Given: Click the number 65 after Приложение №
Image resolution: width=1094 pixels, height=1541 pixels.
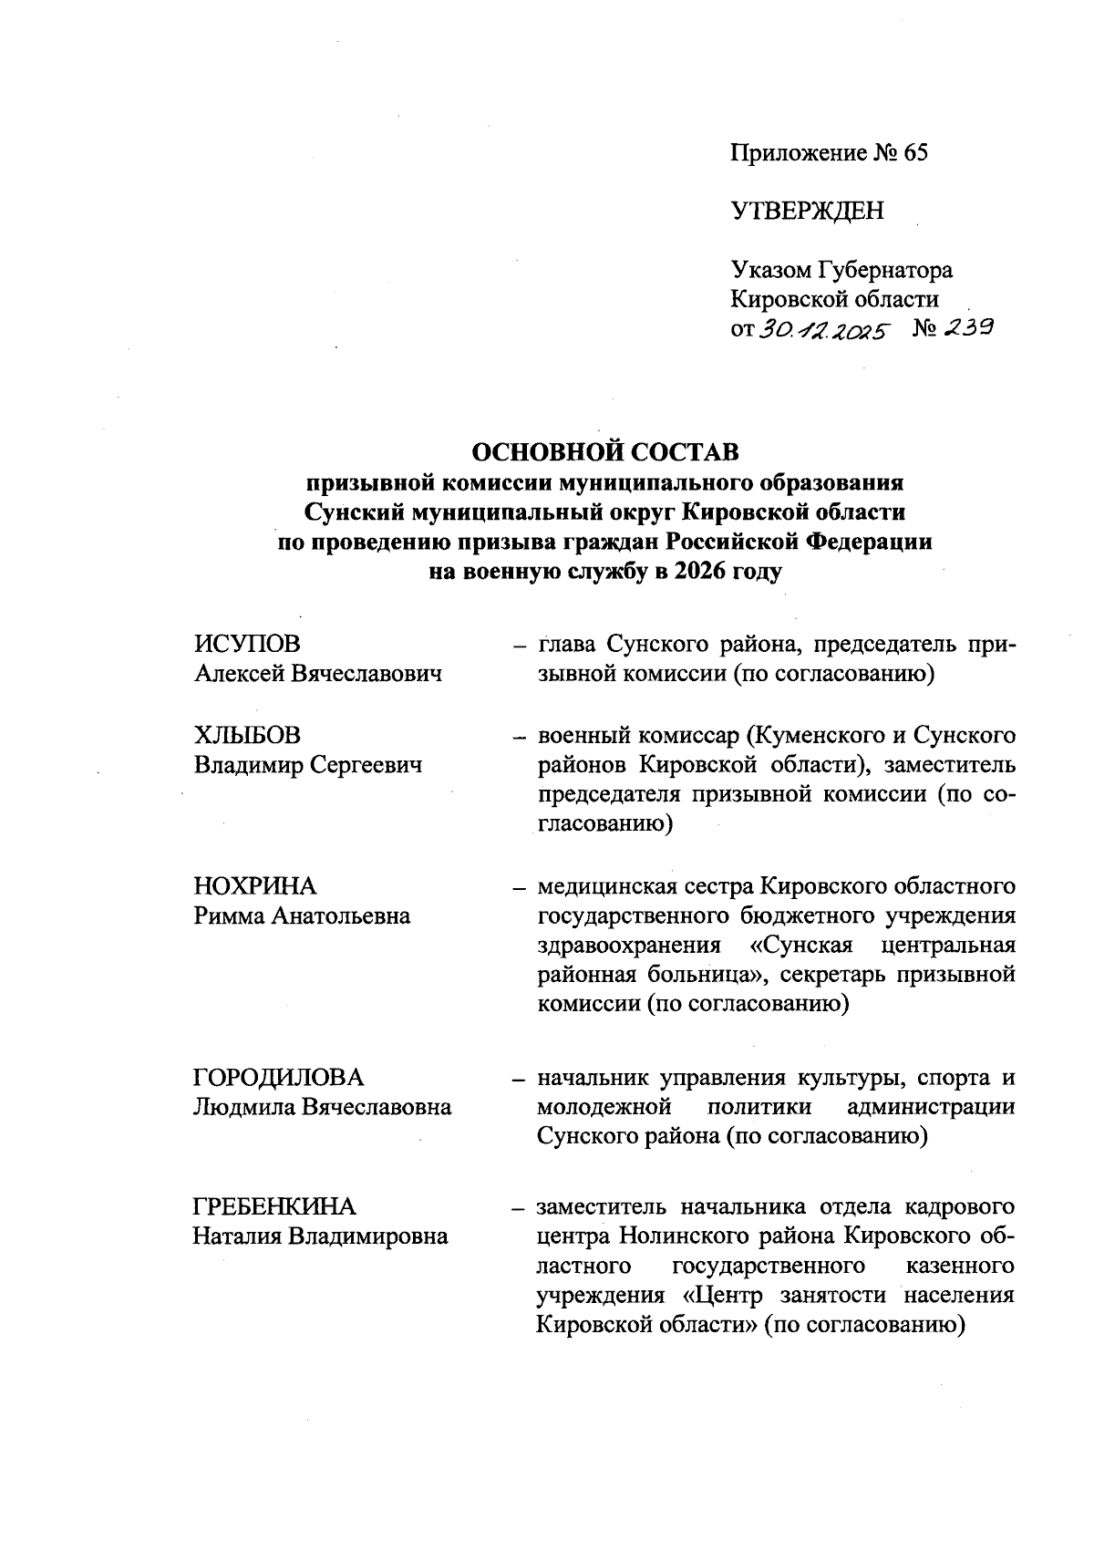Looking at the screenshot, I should [914, 152].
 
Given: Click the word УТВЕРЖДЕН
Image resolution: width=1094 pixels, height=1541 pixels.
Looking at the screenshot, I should [807, 212].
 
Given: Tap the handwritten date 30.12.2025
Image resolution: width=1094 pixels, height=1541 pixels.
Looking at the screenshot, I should [821, 330].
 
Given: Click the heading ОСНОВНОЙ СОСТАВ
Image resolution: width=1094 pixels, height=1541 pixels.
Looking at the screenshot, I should [605, 451].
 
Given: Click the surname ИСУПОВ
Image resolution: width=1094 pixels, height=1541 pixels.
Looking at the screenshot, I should [247, 645].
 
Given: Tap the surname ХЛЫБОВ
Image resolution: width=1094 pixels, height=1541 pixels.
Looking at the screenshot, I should [248, 736].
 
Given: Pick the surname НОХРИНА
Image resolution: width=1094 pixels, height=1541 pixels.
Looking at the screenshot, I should [255, 886].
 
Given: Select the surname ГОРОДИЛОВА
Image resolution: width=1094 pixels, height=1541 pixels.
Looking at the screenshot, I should [279, 1078].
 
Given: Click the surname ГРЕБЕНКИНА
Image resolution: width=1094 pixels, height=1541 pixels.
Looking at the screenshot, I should [274, 1207].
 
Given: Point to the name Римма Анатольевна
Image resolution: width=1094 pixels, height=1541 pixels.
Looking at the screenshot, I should [302, 916].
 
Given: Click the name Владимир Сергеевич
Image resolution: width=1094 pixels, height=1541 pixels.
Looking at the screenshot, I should [308, 766].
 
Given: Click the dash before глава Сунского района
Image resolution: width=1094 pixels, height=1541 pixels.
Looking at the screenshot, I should [518, 646].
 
